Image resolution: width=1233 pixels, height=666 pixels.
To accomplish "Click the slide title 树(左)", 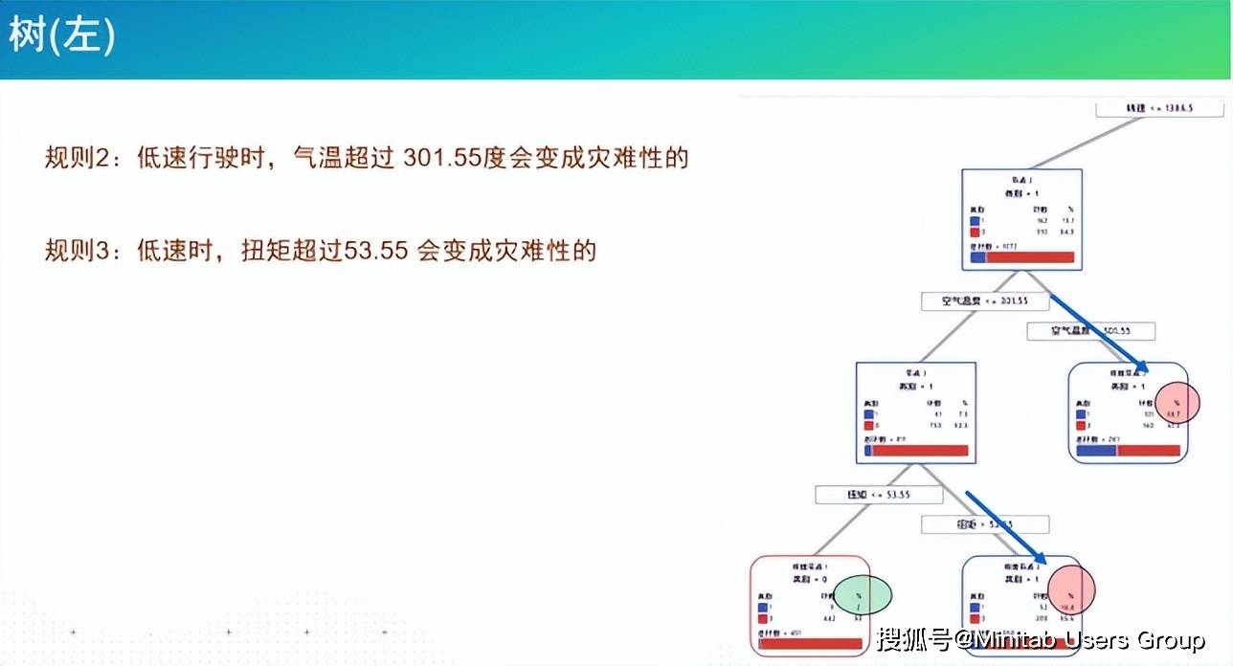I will coord(62,37).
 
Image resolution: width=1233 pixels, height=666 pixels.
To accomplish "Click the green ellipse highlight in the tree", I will coord(863,595).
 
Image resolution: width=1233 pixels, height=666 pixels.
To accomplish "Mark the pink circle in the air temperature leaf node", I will coord(1177,403).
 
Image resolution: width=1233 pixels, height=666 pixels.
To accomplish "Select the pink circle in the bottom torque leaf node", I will coord(1070,588).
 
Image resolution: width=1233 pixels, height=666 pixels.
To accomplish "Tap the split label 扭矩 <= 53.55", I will coord(878,495).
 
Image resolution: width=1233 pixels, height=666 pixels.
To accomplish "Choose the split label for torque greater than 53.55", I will coord(985,524).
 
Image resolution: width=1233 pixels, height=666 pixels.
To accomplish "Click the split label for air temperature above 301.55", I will coord(1090,331).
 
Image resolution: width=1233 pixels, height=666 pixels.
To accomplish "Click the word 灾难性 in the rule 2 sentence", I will coord(639,157).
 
